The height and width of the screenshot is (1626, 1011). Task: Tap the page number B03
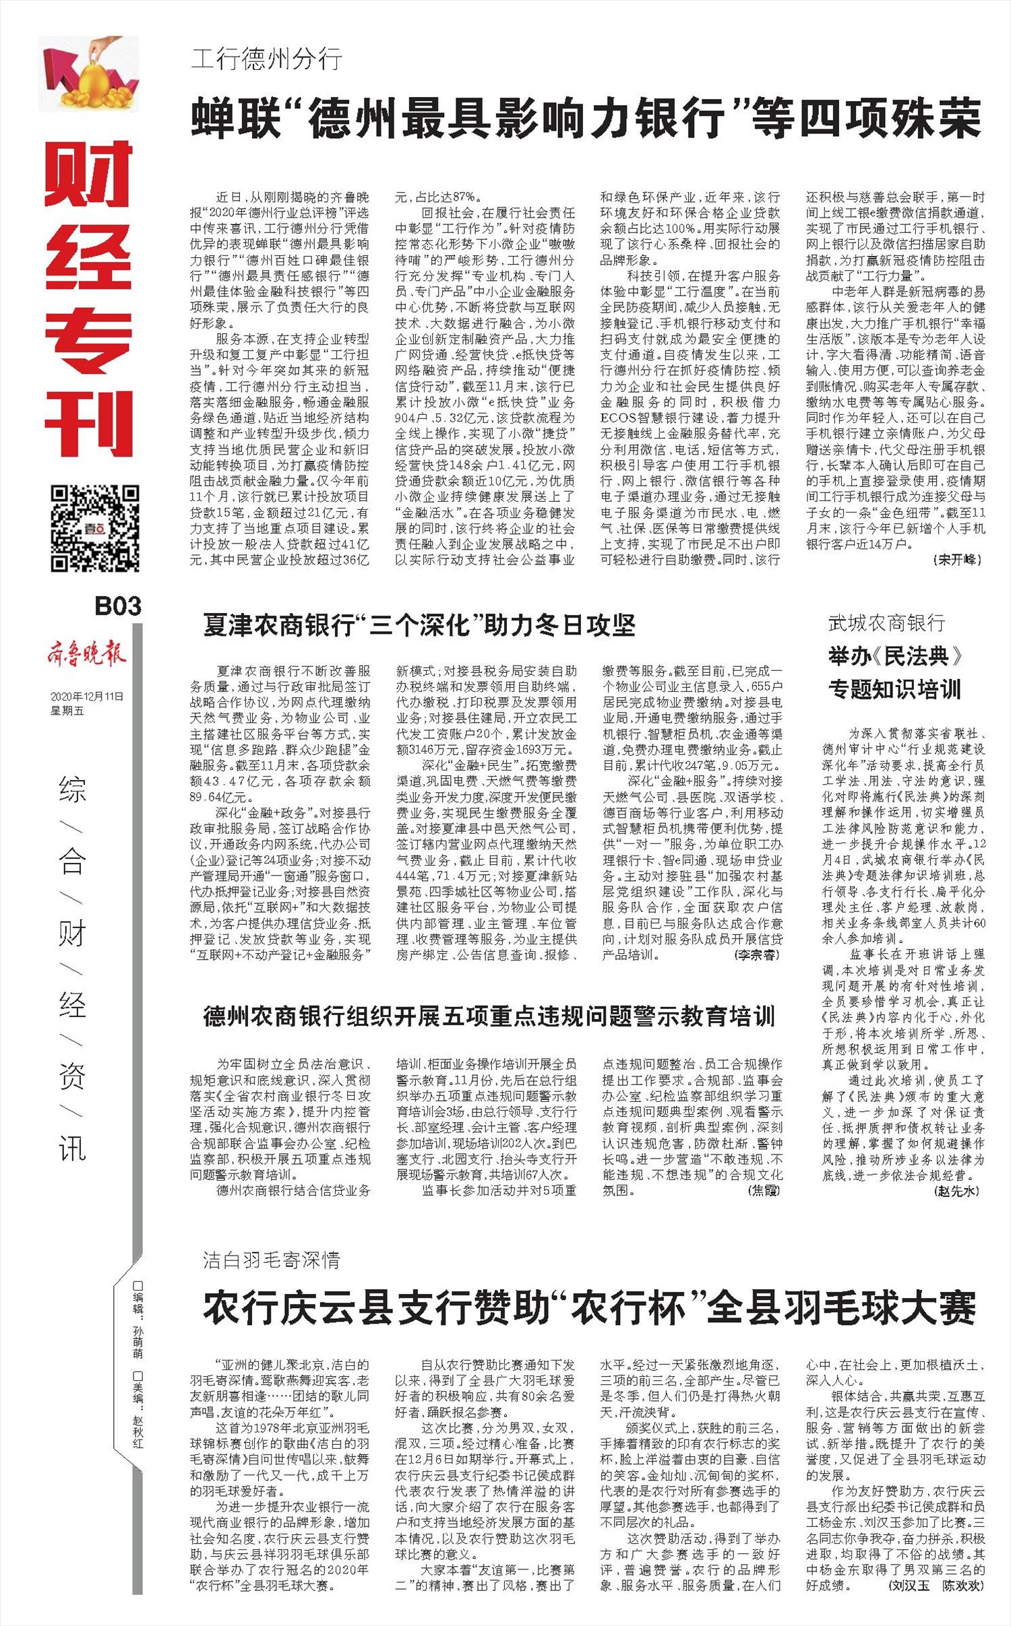click(117, 606)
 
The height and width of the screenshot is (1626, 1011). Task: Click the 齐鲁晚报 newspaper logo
click(86, 653)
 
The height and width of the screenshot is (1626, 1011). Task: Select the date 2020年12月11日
click(87, 697)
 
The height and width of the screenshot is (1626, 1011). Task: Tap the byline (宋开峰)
click(958, 560)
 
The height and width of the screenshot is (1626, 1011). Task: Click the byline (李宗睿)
click(757, 955)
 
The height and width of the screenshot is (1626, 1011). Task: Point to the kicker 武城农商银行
click(886, 623)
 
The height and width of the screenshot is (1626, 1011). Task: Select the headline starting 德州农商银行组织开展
click(489, 1016)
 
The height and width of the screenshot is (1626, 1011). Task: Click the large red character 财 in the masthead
click(89, 174)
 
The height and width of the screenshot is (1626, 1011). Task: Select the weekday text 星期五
click(67, 711)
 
